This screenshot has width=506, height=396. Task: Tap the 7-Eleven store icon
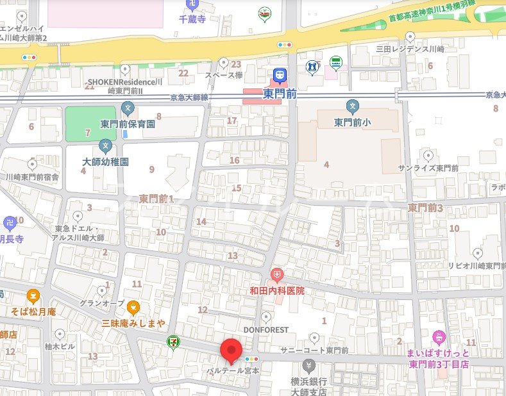coord(173,342)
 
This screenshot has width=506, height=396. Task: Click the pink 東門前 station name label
coord(280,94)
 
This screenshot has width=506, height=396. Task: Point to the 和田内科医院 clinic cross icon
coord(276,276)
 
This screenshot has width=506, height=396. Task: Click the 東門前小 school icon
coord(352,106)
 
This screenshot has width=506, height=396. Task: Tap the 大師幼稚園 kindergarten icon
coord(105,147)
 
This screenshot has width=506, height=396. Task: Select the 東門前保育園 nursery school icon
coord(128,108)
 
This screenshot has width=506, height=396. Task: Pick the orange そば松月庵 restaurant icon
coord(33,297)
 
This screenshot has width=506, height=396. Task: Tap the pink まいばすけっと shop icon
coord(439,336)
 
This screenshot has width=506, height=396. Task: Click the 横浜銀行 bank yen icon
coord(308,367)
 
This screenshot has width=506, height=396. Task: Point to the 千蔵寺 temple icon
coord(191,5)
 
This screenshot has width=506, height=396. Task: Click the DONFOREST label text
coord(266,329)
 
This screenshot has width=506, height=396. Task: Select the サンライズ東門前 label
coord(428,168)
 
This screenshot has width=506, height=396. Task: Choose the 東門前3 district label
coord(426,208)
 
